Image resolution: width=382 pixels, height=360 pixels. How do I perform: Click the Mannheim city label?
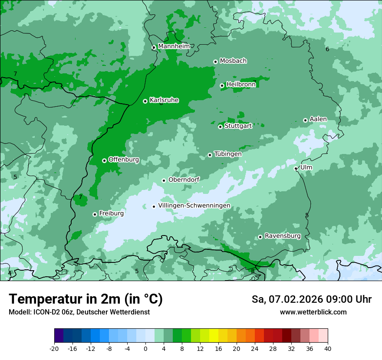click(x=174, y=46)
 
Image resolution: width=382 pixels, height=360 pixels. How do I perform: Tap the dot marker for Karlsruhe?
click(x=145, y=101)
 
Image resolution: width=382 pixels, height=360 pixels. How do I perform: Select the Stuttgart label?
click(x=238, y=126)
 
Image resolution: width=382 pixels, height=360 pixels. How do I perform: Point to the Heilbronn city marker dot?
click(x=222, y=85)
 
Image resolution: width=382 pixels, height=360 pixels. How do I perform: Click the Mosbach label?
click(x=233, y=61)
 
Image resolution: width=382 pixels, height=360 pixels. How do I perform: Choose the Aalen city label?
click(x=318, y=119)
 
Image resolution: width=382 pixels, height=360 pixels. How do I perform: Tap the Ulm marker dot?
click(x=296, y=168)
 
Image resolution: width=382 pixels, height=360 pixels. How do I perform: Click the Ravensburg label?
click(x=283, y=236)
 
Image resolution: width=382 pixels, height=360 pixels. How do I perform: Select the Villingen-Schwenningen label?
click(x=194, y=206)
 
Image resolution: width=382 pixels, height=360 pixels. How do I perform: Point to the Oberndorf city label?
click(x=184, y=180)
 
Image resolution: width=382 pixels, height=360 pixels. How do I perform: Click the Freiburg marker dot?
click(x=95, y=214)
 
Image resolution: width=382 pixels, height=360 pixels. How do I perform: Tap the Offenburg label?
click(x=124, y=160)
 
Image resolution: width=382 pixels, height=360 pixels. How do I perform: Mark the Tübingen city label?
click(x=228, y=154)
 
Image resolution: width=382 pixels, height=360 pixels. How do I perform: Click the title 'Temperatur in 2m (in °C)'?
click(x=86, y=299)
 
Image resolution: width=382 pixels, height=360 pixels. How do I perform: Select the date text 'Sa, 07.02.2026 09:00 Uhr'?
click(x=312, y=299)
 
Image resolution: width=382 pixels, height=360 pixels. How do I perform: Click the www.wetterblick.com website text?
click(x=313, y=312)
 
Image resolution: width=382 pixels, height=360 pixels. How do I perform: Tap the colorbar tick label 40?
click(x=328, y=348)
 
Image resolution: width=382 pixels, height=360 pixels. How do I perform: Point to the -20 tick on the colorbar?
click(x=54, y=348)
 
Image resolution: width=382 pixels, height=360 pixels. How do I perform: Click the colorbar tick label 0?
click(x=145, y=348)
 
